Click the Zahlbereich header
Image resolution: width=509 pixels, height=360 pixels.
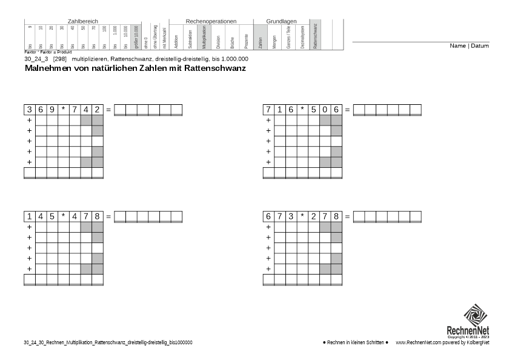(82, 21)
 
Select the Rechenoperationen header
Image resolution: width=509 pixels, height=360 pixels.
(210, 21)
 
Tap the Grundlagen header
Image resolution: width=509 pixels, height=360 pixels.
(281, 21)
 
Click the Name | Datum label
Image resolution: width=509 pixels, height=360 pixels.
(469, 46)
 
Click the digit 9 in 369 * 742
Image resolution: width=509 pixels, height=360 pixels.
(52, 110)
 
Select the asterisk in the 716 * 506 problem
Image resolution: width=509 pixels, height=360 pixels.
(302, 110)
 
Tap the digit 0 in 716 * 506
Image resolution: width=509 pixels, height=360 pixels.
(325, 110)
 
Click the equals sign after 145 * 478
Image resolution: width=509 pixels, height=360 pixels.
(108, 216)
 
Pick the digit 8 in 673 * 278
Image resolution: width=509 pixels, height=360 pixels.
(336, 216)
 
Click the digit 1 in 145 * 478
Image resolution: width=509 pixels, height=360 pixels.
(29, 216)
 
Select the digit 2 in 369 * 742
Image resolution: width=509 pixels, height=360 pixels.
(98, 110)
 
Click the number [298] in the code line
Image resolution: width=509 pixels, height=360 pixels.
(60, 59)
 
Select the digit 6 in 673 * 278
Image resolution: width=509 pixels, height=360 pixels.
(268, 216)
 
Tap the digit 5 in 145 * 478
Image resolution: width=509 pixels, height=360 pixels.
(52, 216)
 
